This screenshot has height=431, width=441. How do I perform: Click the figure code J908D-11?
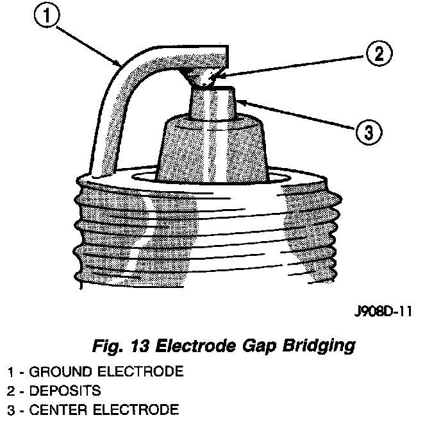click(x=381, y=312)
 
